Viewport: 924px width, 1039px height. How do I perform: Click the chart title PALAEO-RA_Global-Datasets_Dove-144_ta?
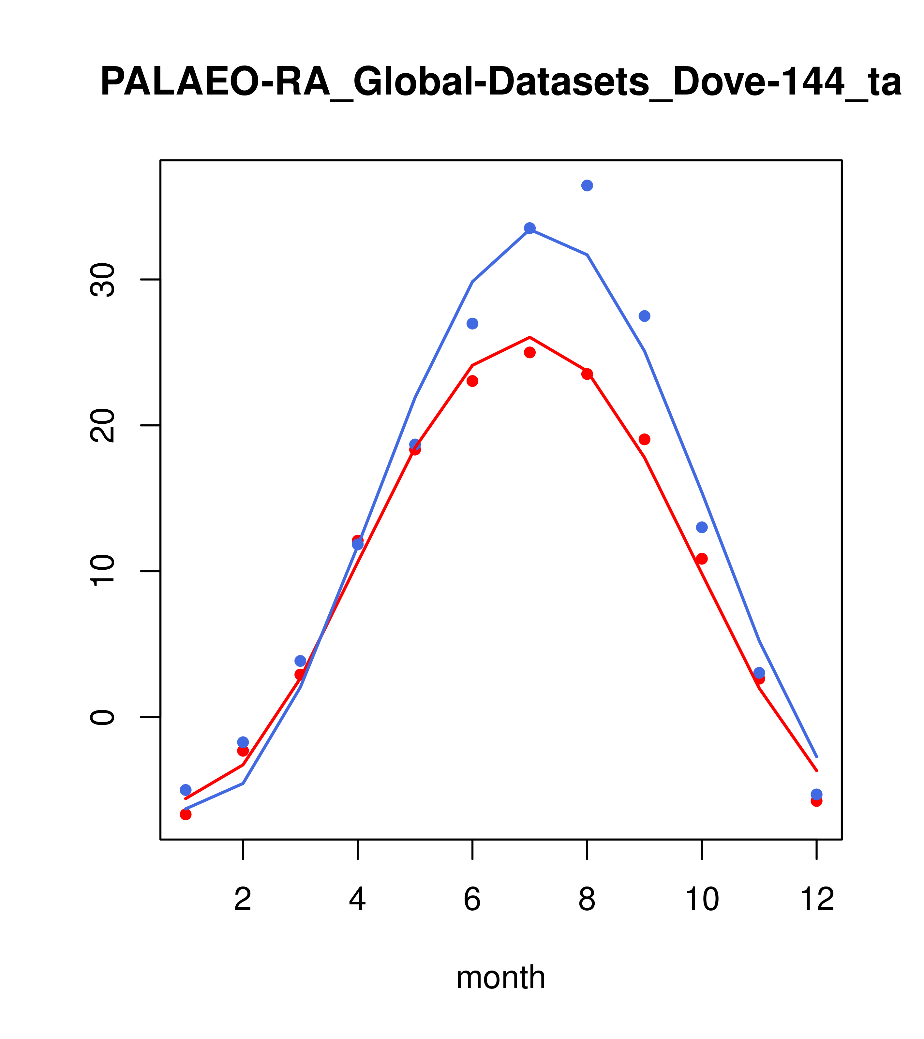pos(500,82)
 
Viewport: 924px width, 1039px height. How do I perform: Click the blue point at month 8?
pos(587,185)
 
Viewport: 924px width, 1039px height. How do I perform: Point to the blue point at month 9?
pos(644,316)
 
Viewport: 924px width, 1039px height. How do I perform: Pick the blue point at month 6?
pos(472,324)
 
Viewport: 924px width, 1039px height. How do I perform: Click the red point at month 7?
pos(530,353)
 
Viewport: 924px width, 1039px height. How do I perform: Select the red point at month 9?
pos(644,439)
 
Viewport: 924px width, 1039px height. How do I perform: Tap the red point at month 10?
pos(702,559)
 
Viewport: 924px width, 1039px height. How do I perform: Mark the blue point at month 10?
pos(702,527)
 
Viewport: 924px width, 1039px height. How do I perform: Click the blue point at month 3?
pos(300,661)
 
